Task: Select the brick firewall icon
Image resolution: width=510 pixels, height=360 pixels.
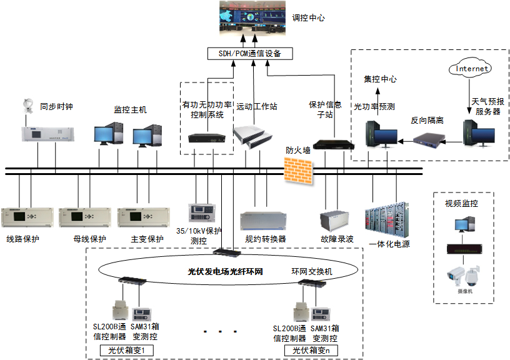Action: tap(297, 169)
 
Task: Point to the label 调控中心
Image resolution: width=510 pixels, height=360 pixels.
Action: tap(309, 18)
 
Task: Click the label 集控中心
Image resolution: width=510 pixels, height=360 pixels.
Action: tap(380, 79)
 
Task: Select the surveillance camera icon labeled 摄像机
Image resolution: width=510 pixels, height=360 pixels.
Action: tap(462, 275)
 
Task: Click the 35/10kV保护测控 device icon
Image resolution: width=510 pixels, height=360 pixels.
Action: tap(204, 212)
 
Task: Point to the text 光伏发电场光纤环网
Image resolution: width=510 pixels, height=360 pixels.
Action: tap(224, 272)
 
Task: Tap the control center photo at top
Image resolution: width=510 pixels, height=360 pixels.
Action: tap(252, 19)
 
